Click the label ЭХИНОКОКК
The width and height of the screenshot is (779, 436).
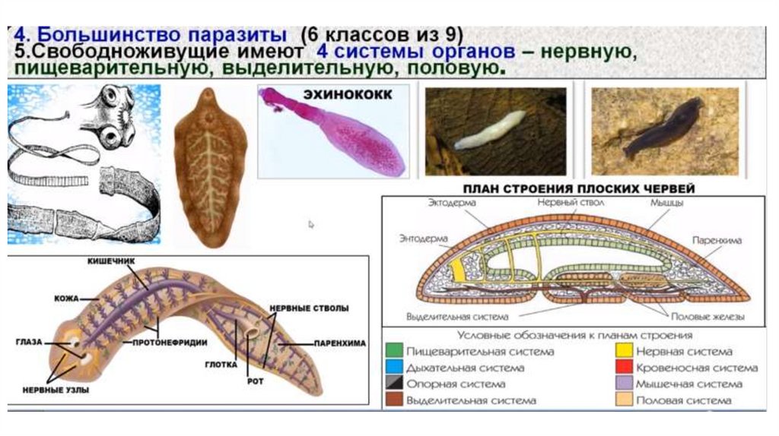tap(348, 95)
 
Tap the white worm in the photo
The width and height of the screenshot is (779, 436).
tap(491, 129)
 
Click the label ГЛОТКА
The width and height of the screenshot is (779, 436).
tap(218, 364)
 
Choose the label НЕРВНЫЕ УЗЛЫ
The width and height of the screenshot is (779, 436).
tap(64, 390)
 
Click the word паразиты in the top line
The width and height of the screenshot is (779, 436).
tap(237, 36)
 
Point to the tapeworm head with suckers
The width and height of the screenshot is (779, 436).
tap(114, 114)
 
